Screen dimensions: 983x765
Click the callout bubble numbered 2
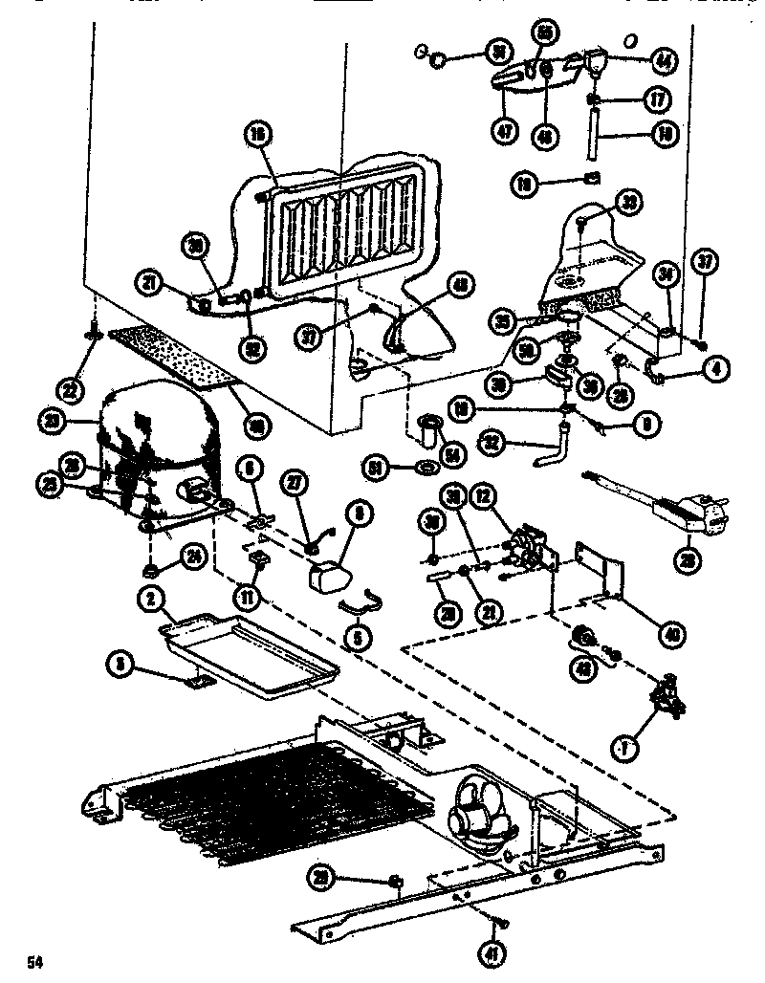click(152, 600)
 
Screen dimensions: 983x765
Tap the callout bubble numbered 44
click(661, 58)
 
